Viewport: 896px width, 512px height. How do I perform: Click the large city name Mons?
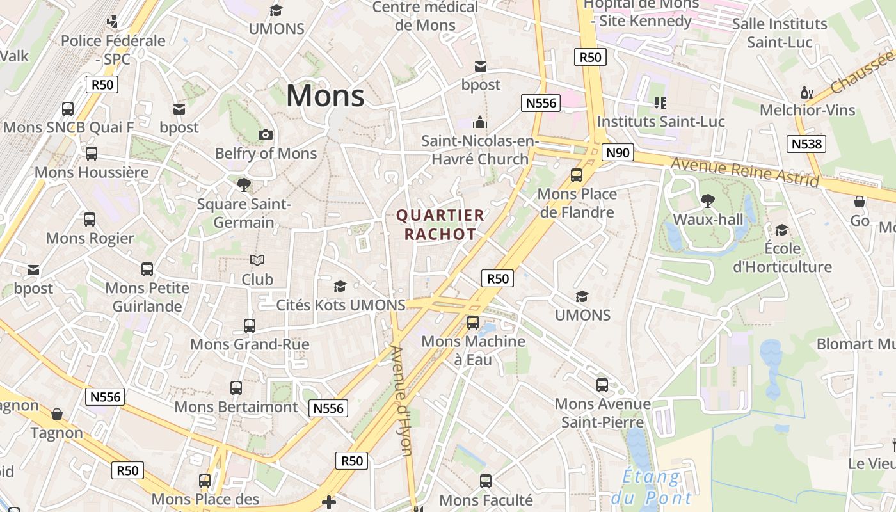[x=325, y=96]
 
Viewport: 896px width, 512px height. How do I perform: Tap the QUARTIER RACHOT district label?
[x=440, y=225]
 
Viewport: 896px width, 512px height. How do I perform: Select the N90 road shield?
[x=618, y=152]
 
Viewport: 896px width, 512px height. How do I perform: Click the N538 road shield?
[x=806, y=143]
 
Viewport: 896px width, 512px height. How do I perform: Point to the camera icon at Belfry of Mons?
[x=266, y=134]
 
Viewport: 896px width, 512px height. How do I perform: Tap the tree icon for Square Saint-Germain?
[x=243, y=185]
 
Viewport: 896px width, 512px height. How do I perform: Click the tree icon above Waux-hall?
[x=708, y=201]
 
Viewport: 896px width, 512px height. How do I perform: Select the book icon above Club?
[x=257, y=260]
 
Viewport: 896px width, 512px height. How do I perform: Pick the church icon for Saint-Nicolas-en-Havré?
[x=480, y=122]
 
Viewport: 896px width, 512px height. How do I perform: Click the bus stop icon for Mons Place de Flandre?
[x=577, y=175]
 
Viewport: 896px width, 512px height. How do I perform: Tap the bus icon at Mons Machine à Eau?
[x=473, y=322]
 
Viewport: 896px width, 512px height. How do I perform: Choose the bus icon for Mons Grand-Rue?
[x=250, y=325]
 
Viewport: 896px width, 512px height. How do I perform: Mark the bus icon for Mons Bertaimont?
[x=236, y=387]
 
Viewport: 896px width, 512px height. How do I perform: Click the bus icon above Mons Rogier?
[x=90, y=220]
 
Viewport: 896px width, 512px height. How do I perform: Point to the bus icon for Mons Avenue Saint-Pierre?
[x=602, y=385]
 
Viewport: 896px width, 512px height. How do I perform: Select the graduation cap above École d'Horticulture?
[x=781, y=230]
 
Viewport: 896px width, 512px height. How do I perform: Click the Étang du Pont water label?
[x=652, y=487]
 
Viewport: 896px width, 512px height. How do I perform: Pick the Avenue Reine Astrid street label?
[x=744, y=172]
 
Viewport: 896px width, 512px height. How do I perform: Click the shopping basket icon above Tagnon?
[x=57, y=414]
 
